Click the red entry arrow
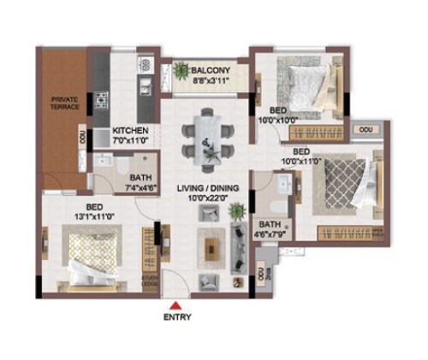[x=175, y=305]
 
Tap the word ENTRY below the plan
[x=175, y=317]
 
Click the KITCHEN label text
[x=131, y=130]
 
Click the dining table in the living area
[x=210, y=134]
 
